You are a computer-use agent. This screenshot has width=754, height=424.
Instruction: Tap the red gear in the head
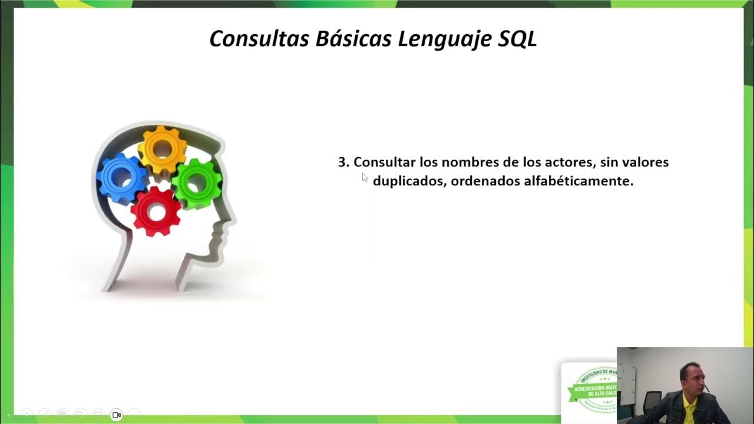point(156,211)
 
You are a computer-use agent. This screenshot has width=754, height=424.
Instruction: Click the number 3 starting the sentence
point(343,163)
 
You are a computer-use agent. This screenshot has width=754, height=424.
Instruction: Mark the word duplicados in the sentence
point(409,181)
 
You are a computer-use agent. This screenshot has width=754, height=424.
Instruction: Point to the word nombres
point(469,163)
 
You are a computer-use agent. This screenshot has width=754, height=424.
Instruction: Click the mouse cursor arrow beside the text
point(365,177)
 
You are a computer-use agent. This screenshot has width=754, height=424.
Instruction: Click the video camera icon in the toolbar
point(116,415)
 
